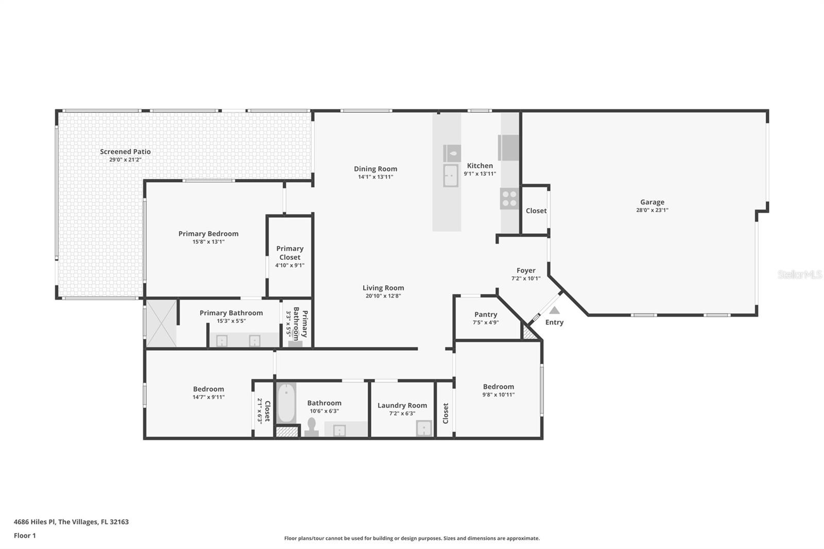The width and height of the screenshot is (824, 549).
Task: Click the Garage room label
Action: (x=652, y=202)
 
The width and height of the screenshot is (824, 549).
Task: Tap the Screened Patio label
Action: (x=126, y=151)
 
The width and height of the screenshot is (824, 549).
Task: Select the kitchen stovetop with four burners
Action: (x=509, y=199)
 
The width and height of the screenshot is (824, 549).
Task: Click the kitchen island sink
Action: (x=451, y=176)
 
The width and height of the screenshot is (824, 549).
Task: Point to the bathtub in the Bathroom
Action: (x=286, y=403)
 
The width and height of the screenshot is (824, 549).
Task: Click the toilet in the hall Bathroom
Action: (x=312, y=427)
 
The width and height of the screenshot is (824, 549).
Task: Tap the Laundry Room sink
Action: (x=424, y=428)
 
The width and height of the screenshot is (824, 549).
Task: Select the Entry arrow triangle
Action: (x=554, y=310)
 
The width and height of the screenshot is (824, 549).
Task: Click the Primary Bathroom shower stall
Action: (x=162, y=323)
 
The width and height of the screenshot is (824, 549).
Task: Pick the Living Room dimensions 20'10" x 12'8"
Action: (x=383, y=296)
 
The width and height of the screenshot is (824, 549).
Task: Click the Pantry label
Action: (x=486, y=315)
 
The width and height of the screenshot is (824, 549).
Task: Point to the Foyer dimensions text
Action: (x=526, y=279)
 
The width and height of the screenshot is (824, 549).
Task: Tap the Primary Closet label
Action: (x=290, y=253)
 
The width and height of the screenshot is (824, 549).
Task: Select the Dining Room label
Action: (x=375, y=169)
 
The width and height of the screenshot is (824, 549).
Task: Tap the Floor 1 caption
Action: (x=25, y=536)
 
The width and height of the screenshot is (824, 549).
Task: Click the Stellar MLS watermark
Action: (x=799, y=274)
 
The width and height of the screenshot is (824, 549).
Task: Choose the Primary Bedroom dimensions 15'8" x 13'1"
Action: (x=208, y=242)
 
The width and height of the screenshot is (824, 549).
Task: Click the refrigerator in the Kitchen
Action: (x=508, y=148)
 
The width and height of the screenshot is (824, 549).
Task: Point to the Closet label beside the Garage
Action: (x=536, y=211)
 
